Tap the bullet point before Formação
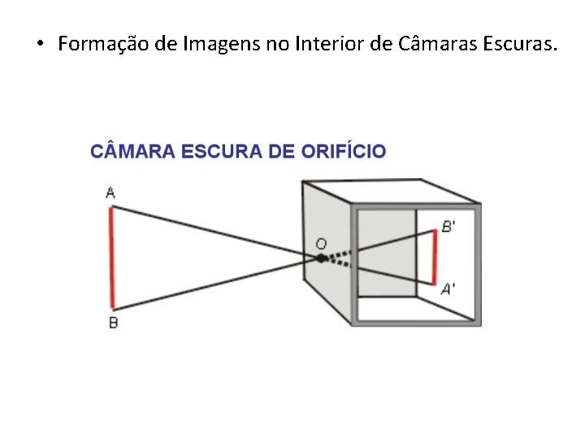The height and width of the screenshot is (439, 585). pos(40,45)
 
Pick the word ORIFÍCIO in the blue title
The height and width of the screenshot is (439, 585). pos(343,151)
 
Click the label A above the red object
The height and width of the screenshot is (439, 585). pos(110,193)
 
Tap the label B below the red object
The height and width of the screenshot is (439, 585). pos(113,323)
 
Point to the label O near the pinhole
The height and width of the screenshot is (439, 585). pos(321,243)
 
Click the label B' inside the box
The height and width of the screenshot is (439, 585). pos(448,226)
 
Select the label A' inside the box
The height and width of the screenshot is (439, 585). pos(448,288)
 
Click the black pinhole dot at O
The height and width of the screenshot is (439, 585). pos(322,258)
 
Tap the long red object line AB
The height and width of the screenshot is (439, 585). pos(112,258)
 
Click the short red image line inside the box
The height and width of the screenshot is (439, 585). pos(435,256)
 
